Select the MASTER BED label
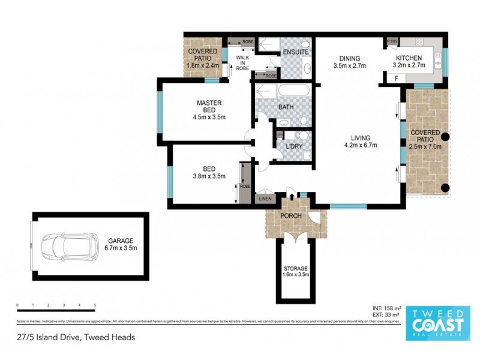pos(209,106)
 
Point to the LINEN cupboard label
pos(265,199)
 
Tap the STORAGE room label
pos(296,268)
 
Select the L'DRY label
pos(293,146)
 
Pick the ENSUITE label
pos(296,52)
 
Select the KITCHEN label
pos(409,58)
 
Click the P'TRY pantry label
pos(392,41)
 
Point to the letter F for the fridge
pos(395,79)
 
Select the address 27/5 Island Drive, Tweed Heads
pos(76,337)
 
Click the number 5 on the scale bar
pos(95,305)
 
